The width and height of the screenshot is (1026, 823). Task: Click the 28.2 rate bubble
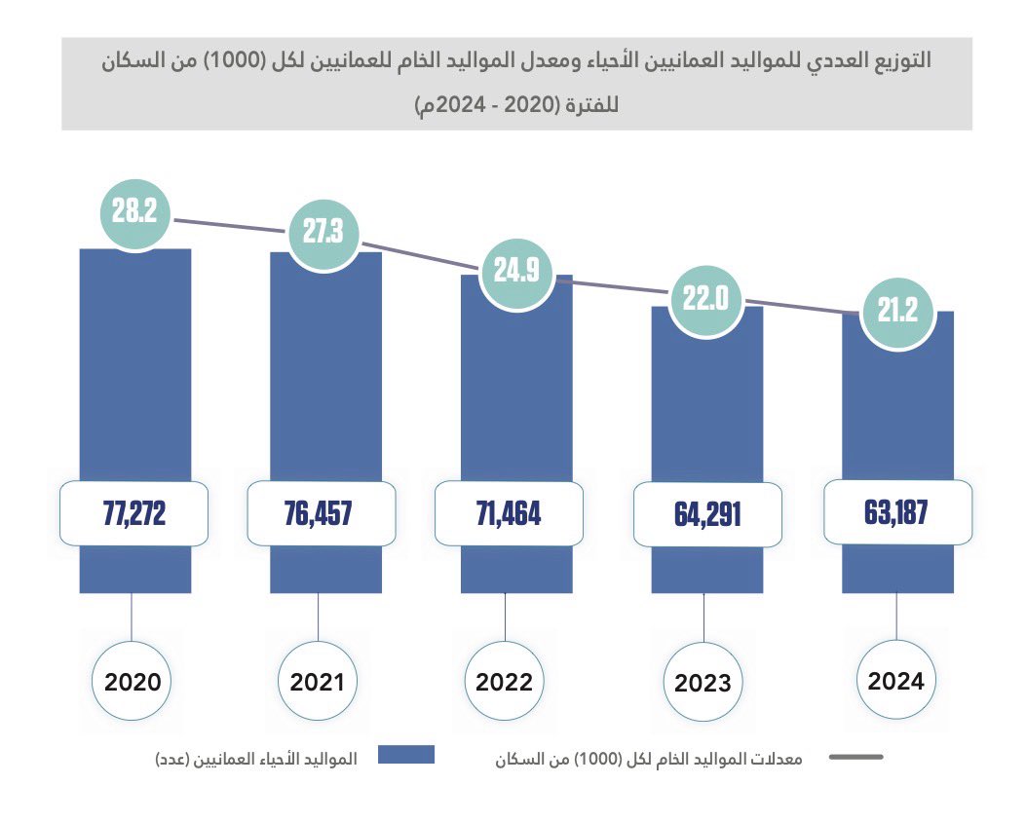(134, 213)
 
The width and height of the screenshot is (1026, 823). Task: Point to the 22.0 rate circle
(705, 299)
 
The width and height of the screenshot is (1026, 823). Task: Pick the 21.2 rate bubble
(895, 314)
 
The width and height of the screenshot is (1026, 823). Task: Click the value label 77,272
(134, 513)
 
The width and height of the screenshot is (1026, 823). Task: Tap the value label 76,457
(323, 513)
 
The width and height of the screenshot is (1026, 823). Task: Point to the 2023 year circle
(703, 683)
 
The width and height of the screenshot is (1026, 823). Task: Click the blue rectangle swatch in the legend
(406, 756)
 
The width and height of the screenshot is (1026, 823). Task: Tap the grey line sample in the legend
(855, 757)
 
